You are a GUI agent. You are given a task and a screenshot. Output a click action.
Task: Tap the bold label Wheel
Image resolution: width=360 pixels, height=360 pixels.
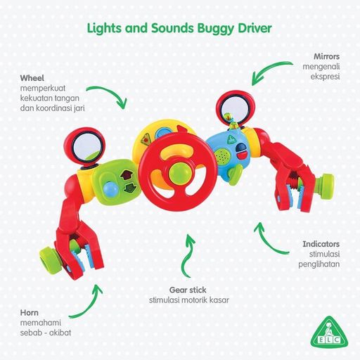(x=32, y=78)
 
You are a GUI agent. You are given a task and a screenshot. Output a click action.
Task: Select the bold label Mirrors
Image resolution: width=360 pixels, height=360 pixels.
(x=326, y=56)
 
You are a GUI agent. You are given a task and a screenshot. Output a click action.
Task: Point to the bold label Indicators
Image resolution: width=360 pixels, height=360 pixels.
(x=321, y=244)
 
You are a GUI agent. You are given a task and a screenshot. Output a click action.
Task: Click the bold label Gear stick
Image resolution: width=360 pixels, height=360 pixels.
(x=188, y=290)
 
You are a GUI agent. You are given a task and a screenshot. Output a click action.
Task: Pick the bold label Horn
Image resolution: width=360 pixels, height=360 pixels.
(x=30, y=313)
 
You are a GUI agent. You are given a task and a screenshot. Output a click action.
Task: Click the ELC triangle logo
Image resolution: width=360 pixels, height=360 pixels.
(x=329, y=332)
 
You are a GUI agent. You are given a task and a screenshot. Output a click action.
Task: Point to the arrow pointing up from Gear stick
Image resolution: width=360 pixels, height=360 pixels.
(x=188, y=255)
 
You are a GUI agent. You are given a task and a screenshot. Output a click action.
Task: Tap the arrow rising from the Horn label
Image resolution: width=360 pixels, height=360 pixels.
(x=90, y=304)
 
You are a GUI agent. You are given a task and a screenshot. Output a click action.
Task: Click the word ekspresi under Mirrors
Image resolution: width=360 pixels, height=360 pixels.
(x=325, y=77)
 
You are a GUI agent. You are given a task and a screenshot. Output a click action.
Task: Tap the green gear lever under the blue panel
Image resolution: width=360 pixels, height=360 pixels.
(x=235, y=174)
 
